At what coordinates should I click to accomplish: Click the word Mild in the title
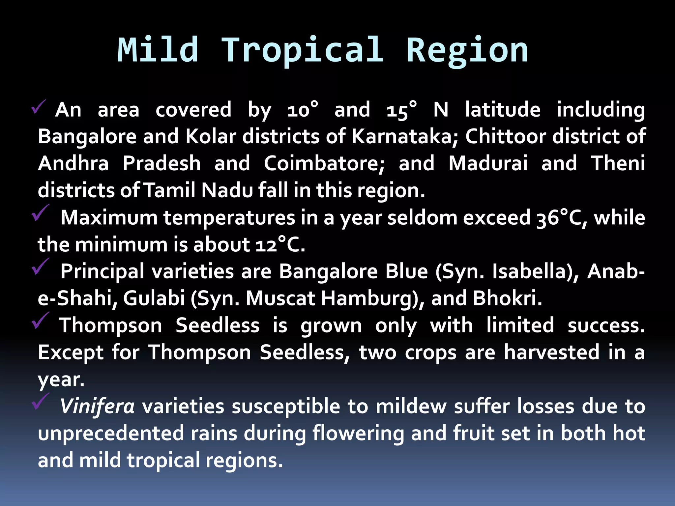[x=158, y=50]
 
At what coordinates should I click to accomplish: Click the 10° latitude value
[x=303, y=110]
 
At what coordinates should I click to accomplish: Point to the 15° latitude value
[x=402, y=110]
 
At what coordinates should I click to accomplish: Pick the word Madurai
[x=488, y=163]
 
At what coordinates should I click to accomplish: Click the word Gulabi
[x=154, y=298]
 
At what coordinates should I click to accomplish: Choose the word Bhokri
[x=507, y=298]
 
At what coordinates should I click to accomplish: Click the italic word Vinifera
[x=97, y=407]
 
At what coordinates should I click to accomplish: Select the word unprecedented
[x=111, y=434]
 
